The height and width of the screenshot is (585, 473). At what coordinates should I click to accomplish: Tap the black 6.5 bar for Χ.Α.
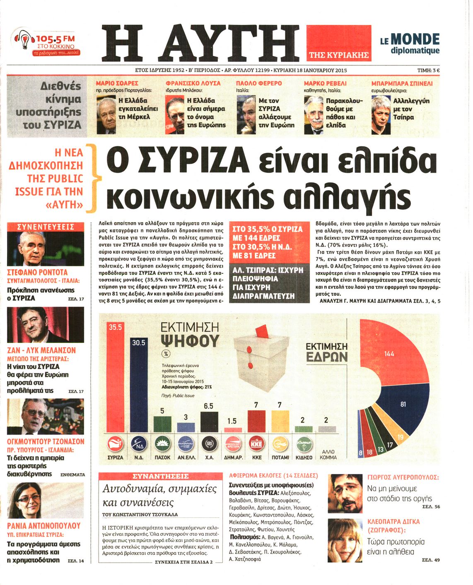click(x=209, y=421)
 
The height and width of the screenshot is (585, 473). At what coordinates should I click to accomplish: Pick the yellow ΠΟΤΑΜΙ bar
click(x=280, y=421)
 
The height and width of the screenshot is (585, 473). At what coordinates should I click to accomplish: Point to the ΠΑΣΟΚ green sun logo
click(x=162, y=444)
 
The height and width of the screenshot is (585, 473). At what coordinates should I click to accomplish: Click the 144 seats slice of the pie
click(x=389, y=352)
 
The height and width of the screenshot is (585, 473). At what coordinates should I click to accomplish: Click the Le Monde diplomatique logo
click(x=410, y=44)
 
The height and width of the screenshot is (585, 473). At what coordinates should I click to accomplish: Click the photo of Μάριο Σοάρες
click(x=106, y=115)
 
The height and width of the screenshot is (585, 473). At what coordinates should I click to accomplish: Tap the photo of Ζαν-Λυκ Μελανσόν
click(x=46, y=324)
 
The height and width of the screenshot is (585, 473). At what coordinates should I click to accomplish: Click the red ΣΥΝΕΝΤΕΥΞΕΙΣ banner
click(x=46, y=227)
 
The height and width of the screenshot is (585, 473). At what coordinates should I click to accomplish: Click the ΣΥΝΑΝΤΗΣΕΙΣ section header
click(x=160, y=476)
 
